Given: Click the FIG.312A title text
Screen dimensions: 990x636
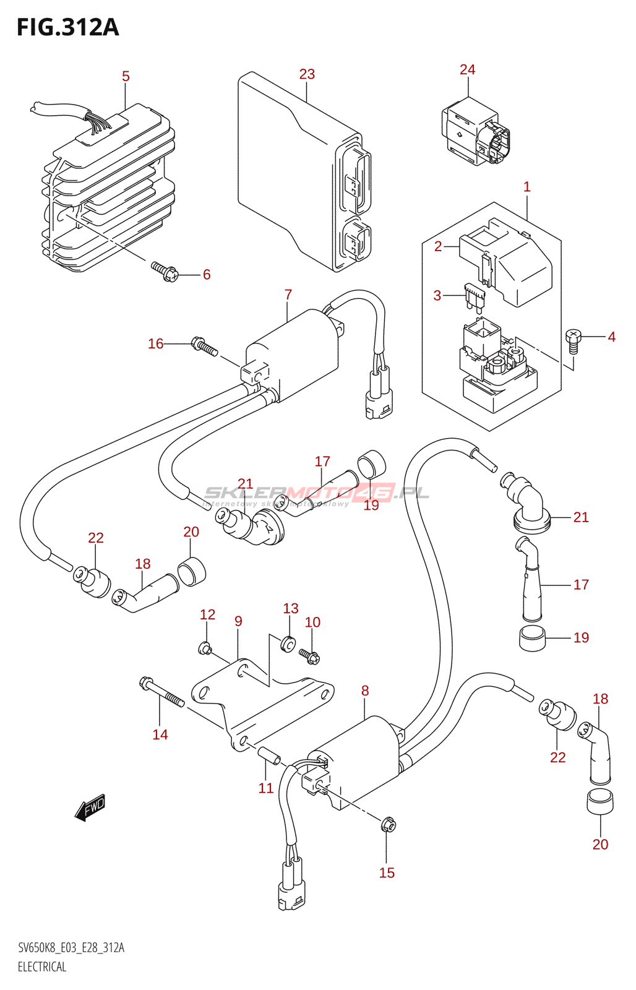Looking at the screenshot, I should pos(67,27).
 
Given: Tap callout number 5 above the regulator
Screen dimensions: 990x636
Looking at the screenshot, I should pos(126,76).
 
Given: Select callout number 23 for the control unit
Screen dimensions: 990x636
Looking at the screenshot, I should pos(307,74).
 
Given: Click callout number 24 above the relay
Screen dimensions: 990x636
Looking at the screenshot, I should pos(467,69).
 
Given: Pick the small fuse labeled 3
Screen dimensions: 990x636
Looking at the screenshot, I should pos(475,298).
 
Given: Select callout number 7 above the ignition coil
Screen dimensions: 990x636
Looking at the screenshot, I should pos(288,295).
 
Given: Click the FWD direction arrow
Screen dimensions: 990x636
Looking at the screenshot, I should pos(90,807).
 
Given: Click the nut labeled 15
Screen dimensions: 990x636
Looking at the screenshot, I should pos(388,825).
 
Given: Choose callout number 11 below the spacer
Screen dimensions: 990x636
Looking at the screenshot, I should pos(266,788).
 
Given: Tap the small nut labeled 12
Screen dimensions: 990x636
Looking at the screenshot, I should pos(205,648).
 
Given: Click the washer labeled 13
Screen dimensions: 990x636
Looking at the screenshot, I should pos(288,643).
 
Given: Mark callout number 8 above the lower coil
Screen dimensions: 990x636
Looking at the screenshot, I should pos(365,691).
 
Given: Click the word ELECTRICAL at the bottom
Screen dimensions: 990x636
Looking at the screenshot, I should pos(42,966).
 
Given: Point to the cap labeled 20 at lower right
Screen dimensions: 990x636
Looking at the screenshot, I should pos(600,803).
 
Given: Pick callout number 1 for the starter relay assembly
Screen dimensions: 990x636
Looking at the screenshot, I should pos(526,187).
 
